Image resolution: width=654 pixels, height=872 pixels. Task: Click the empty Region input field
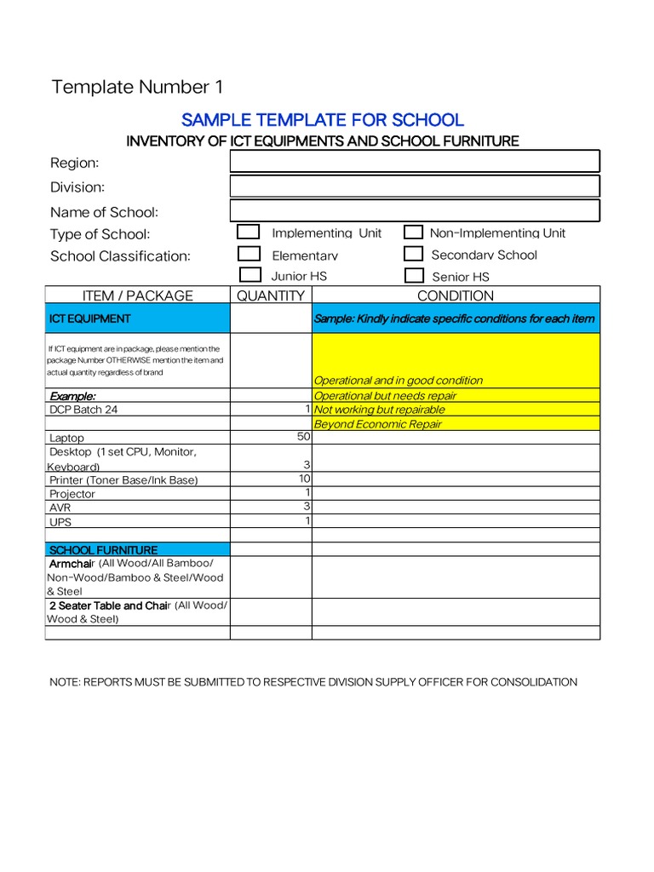(415, 162)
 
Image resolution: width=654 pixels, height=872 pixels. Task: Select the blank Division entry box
(415, 186)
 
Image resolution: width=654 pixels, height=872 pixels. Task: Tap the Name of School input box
(415, 211)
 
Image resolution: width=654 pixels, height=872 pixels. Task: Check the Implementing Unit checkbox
(249, 232)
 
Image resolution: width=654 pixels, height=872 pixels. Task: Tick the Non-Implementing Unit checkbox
(413, 232)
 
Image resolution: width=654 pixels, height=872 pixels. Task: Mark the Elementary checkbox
(249, 254)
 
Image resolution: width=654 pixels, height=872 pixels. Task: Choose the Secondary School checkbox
(413, 254)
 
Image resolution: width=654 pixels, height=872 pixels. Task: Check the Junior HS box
(250, 275)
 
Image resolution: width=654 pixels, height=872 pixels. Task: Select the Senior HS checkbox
(414, 275)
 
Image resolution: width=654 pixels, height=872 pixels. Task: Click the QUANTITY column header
(271, 296)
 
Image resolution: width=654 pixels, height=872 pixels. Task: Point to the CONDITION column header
(456, 296)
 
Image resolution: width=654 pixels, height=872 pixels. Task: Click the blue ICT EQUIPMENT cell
(137, 318)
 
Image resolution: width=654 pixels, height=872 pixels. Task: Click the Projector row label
(72, 494)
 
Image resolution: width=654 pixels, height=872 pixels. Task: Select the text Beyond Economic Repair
(378, 424)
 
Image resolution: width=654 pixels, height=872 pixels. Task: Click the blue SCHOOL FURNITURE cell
(137, 550)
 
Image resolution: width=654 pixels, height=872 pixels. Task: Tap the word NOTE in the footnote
(65, 682)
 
